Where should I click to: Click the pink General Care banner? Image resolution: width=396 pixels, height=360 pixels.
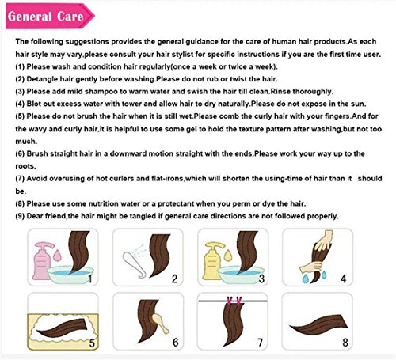pos(50,17)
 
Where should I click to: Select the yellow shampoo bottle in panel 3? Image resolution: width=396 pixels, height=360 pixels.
pos(212,261)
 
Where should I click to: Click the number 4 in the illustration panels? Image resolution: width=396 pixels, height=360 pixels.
pos(343,279)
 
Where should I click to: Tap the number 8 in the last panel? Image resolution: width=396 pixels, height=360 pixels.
pos(345,343)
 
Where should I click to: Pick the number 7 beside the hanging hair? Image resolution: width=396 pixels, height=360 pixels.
pos(261,343)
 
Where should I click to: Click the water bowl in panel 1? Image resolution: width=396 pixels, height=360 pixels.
pos(70,275)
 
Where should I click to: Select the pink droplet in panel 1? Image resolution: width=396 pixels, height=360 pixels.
pos(57,255)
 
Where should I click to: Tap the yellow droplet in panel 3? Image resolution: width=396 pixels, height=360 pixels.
pos(228,255)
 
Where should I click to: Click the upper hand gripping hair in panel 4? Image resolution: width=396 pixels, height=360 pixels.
pos(324,240)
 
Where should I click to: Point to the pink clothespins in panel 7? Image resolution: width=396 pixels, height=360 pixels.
pos(233,300)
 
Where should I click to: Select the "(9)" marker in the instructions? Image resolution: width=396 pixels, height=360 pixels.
pos(20,216)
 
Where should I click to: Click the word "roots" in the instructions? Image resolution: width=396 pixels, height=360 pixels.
pos(25,166)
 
